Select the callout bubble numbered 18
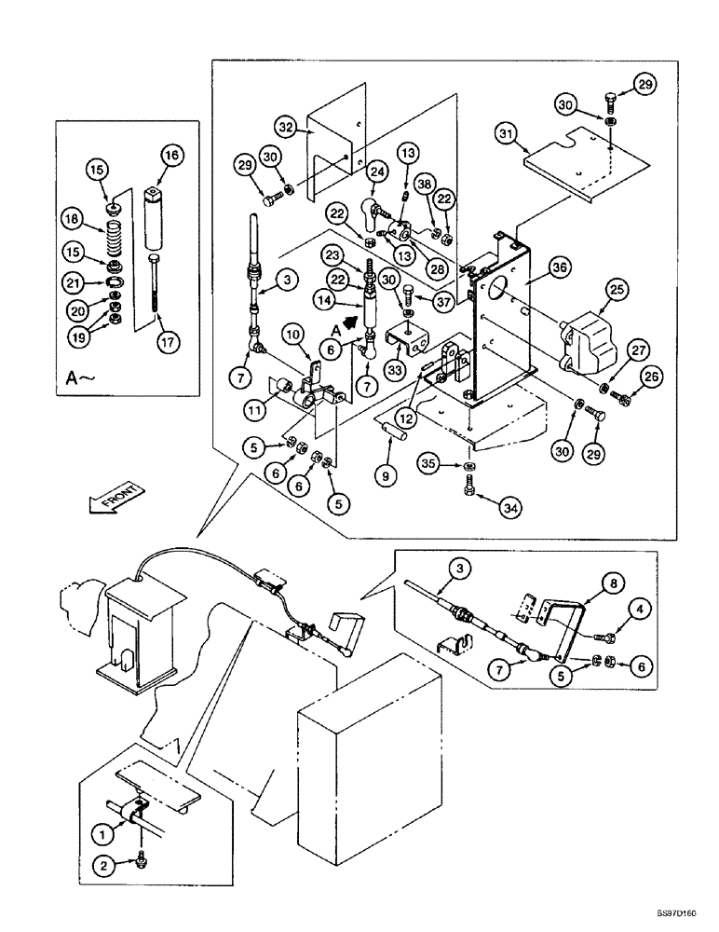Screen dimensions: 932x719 (x=71, y=221)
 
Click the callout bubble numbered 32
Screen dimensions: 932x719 (x=287, y=127)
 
